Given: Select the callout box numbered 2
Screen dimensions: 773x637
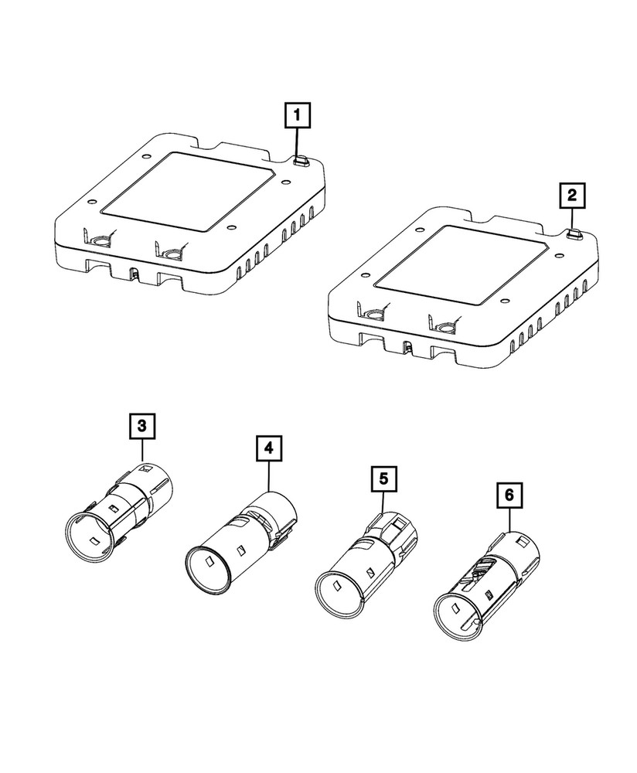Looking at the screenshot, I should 572,196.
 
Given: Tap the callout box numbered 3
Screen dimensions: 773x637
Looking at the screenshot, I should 141,427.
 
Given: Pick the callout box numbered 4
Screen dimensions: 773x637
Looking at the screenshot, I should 267,448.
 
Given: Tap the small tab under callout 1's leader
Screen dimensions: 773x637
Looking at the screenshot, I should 300,161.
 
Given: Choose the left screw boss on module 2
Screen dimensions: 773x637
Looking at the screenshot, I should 373,315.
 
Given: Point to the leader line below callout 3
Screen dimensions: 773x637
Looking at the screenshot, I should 141,452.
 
